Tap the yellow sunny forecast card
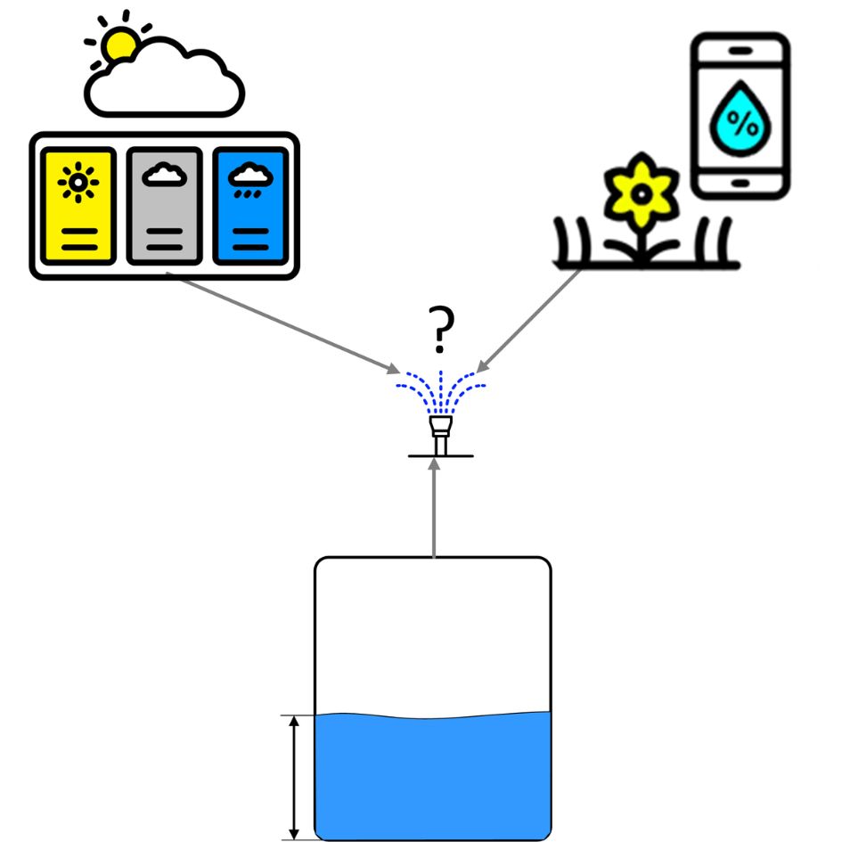pos(78,206)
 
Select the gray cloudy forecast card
pos(164,206)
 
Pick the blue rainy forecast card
pos(251,206)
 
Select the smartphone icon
pos(740,116)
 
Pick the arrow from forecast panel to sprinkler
pos(285,323)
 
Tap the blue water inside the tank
pos(433,775)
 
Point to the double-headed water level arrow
pos(293,776)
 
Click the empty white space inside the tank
pos(433,633)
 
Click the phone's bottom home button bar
pos(740,184)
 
